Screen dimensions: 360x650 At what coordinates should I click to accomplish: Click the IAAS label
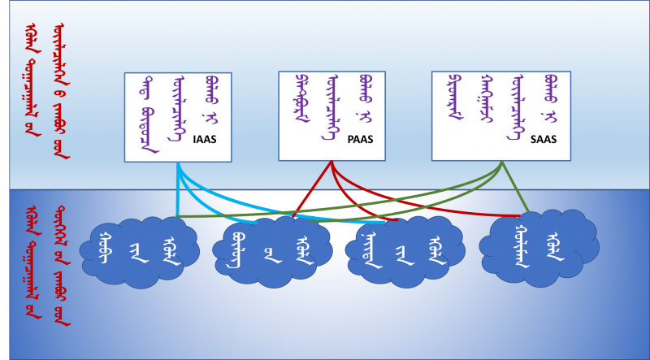click(x=205, y=139)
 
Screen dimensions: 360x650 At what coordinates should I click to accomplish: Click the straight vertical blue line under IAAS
click(x=178, y=195)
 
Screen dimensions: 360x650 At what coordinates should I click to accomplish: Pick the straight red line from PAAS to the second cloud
click(x=313, y=189)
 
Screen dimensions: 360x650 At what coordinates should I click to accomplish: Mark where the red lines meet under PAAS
click(x=332, y=162)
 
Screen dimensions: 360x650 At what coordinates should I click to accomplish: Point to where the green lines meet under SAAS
click(x=501, y=163)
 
